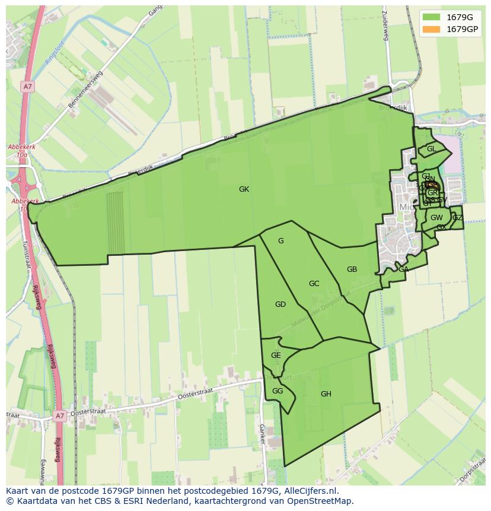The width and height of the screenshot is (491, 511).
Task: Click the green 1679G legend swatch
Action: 432,17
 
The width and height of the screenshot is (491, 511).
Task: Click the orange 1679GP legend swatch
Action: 432,29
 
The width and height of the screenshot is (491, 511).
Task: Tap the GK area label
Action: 244,189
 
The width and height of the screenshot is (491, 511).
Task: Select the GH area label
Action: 326,394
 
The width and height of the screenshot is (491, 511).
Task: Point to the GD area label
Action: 280,304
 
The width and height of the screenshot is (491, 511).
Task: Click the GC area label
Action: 314,284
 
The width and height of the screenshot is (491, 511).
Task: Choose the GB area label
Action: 352,269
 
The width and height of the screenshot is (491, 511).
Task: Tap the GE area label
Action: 276,356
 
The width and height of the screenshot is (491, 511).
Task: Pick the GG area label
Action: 277,391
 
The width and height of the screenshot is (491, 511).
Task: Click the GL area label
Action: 431,149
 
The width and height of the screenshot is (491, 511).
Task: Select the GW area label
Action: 436,218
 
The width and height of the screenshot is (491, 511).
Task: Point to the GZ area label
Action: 457,218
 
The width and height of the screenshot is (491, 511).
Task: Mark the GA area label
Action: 403,269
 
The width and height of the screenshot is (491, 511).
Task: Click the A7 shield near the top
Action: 27,87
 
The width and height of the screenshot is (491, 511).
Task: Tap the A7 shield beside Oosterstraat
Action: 59,416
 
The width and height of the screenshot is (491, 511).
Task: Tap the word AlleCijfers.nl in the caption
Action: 309,491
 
